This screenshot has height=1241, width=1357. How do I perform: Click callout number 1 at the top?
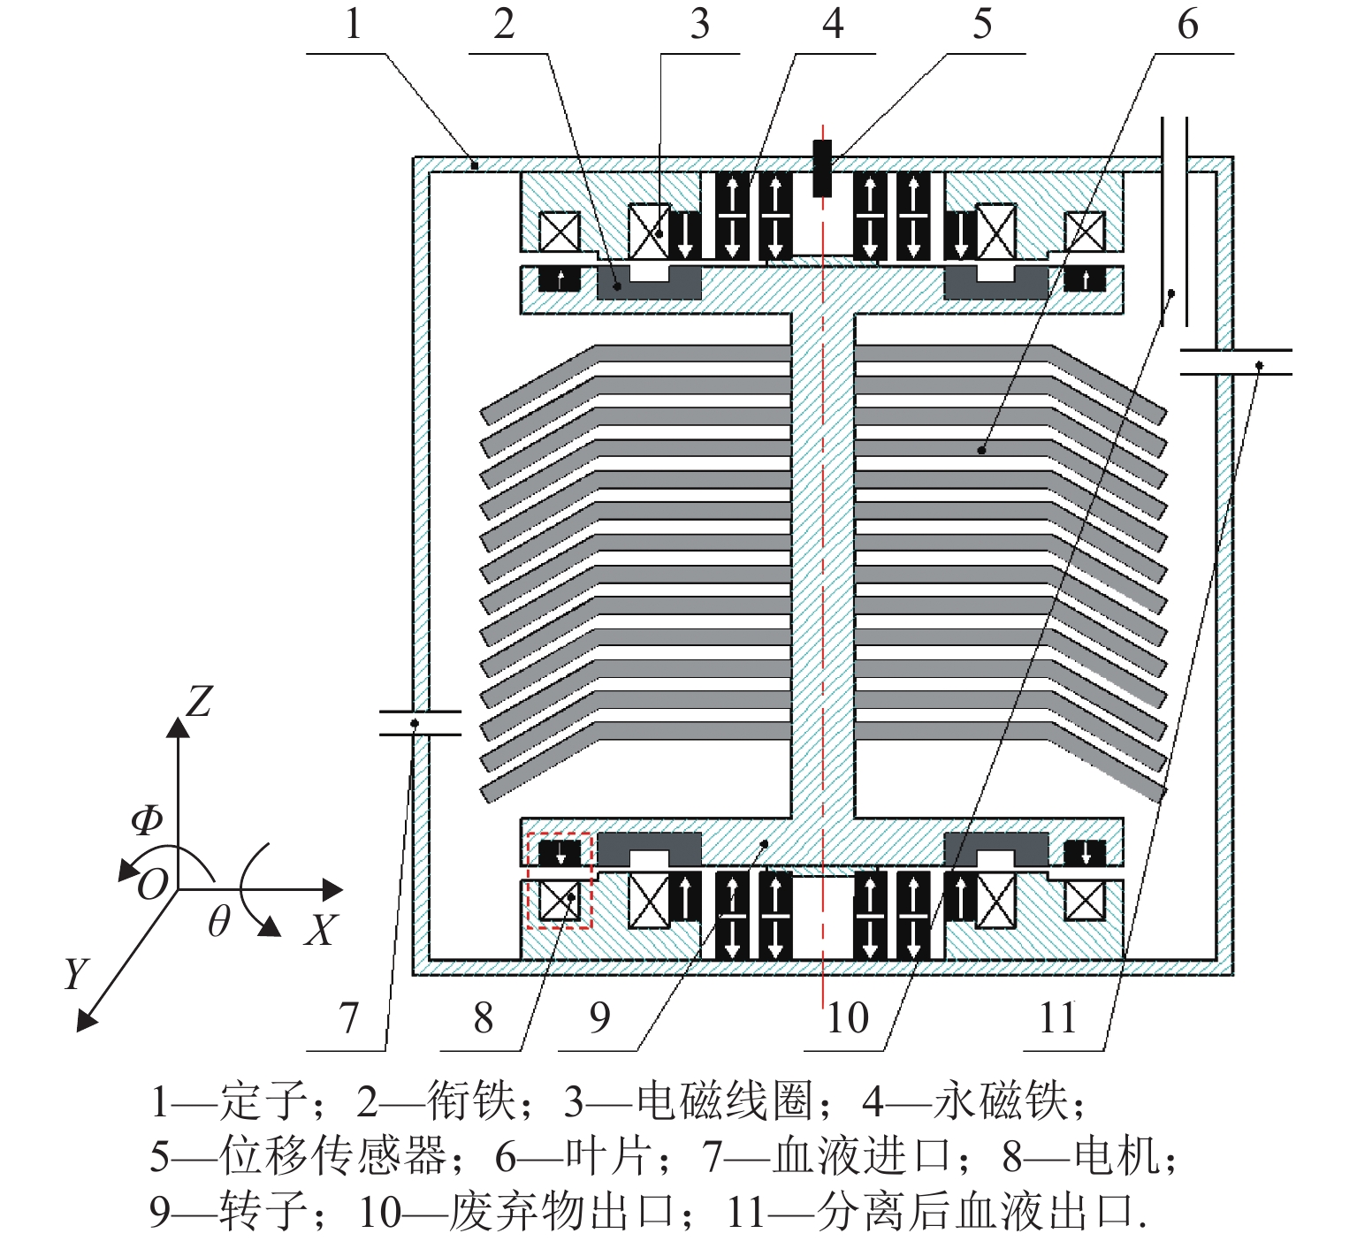tap(353, 24)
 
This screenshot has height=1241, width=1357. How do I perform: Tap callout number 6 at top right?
tap(1187, 24)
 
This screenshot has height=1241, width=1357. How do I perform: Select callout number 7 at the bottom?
tap(349, 1017)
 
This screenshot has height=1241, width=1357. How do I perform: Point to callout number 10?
tap(848, 1017)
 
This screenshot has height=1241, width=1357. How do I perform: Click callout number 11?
tap(1058, 1017)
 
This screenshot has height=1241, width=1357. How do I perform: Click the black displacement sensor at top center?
tap(822, 168)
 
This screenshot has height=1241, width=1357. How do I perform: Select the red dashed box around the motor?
tap(559, 880)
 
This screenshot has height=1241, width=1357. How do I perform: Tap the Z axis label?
tap(200, 703)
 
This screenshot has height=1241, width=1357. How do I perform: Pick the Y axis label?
tap(76, 973)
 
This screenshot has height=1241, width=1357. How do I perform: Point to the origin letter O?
tap(152, 884)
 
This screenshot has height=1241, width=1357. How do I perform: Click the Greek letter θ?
tap(218, 922)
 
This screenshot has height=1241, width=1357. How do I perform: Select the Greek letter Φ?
tap(147, 820)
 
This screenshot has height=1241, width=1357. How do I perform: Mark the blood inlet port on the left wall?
tap(420, 723)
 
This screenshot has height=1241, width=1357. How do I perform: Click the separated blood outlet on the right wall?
tap(1235, 362)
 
